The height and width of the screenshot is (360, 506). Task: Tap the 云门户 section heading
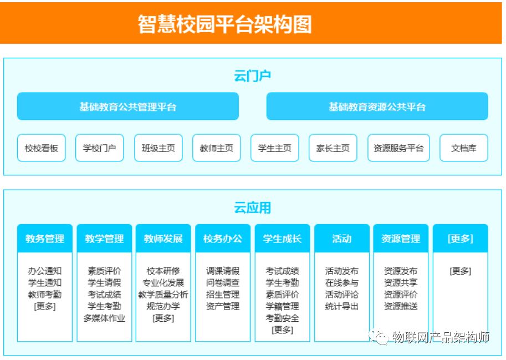tap(253, 76)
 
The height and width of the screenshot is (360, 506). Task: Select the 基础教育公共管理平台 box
tap(127, 107)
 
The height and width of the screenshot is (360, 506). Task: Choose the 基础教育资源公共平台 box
tap(377, 107)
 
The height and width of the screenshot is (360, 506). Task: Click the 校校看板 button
tap(41, 148)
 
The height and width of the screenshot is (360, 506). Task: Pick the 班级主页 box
tap(158, 148)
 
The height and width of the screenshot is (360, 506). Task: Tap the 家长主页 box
tap(333, 148)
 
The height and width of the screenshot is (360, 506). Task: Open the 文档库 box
tap(463, 148)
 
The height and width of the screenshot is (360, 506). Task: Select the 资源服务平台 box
tap(398, 148)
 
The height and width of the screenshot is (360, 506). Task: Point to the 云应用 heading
tap(253, 208)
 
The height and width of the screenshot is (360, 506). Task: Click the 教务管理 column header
tap(45, 239)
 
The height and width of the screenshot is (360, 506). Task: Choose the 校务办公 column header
tap(223, 239)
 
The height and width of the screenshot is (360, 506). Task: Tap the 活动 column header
tap(341, 239)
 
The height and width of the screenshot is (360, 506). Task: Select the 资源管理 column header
tap(401, 239)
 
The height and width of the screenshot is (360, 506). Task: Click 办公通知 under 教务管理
tap(45, 271)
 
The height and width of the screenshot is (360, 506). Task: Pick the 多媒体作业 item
tap(104, 318)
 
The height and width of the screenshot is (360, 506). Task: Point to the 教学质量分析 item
tap(163, 295)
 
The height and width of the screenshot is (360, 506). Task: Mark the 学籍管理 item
tap(282, 306)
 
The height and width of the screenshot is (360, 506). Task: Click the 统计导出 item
tap(341, 306)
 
